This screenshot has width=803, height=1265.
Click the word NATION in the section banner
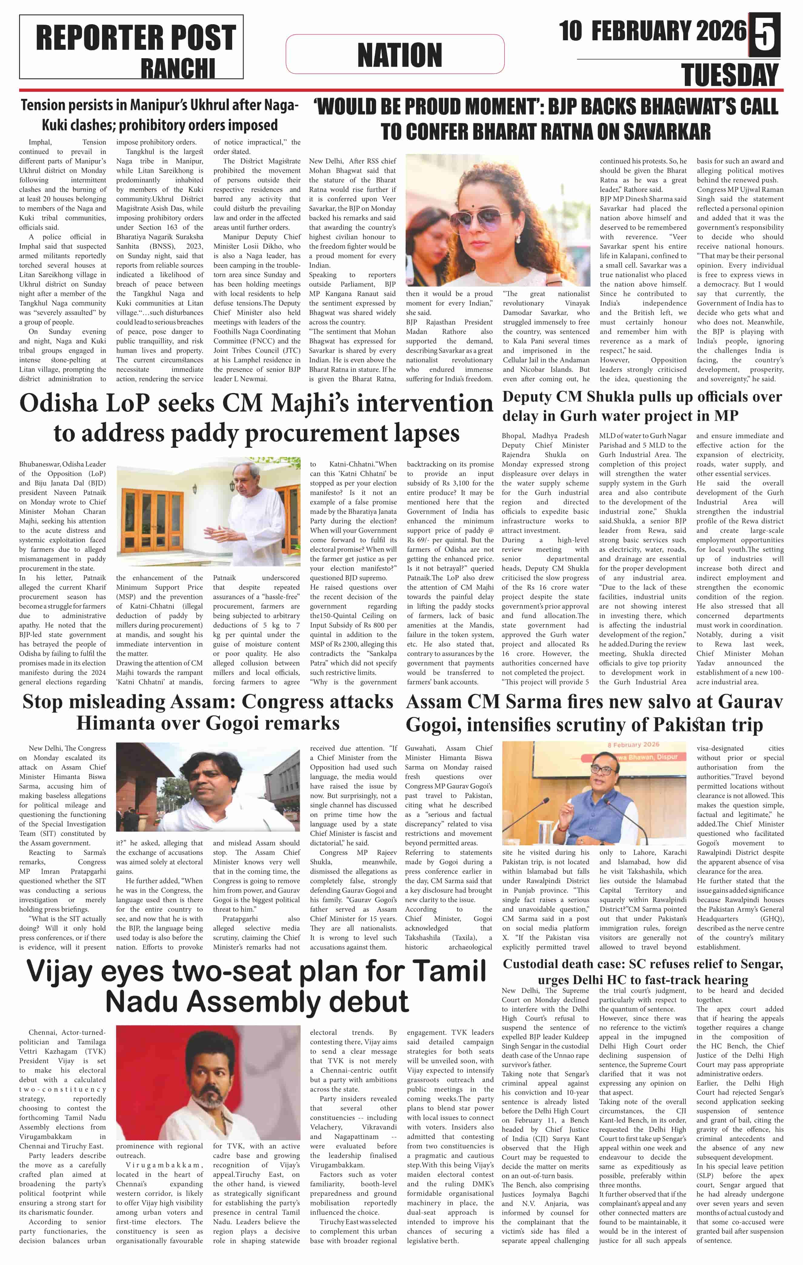tap(400, 55)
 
